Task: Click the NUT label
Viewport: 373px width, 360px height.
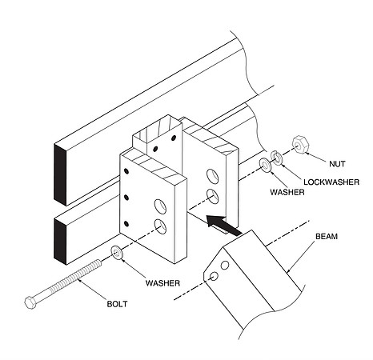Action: pyautogui.click(x=337, y=164)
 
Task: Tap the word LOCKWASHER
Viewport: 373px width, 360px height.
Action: pyautogui.click(x=331, y=182)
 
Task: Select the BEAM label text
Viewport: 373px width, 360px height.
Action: pyautogui.click(x=327, y=236)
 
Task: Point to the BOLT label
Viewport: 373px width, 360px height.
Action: pyautogui.click(x=117, y=304)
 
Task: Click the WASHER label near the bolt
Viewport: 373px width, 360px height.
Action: pyautogui.click(x=162, y=283)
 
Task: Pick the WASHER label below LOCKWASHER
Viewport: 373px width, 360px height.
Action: pyautogui.click(x=287, y=192)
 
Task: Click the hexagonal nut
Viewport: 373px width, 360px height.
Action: pyautogui.click(x=301, y=144)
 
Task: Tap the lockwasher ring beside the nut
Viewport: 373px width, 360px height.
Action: pyautogui.click(x=278, y=158)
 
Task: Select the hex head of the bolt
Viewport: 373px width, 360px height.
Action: pyautogui.click(x=30, y=302)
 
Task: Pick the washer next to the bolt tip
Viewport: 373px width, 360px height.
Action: pyautogui.click(x=116, y=252)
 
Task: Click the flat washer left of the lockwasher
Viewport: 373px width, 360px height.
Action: pyautogui.click(x=265, y=165)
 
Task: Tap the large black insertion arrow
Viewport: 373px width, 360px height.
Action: pyautogui.click(x=223, y=226)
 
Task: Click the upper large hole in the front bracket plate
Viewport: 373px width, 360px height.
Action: pyautogui.click(x=160, y=206)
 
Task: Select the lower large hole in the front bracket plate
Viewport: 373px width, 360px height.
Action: pyautogui.click(x=160, y=226)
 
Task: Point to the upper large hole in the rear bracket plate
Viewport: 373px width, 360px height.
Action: pyautogui.click(x=213, y=176)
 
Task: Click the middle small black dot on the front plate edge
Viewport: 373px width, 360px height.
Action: pyautogui.click(x=126, y=198)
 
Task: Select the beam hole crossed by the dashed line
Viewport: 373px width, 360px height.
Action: pyautogui.click(x=214, y=276)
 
